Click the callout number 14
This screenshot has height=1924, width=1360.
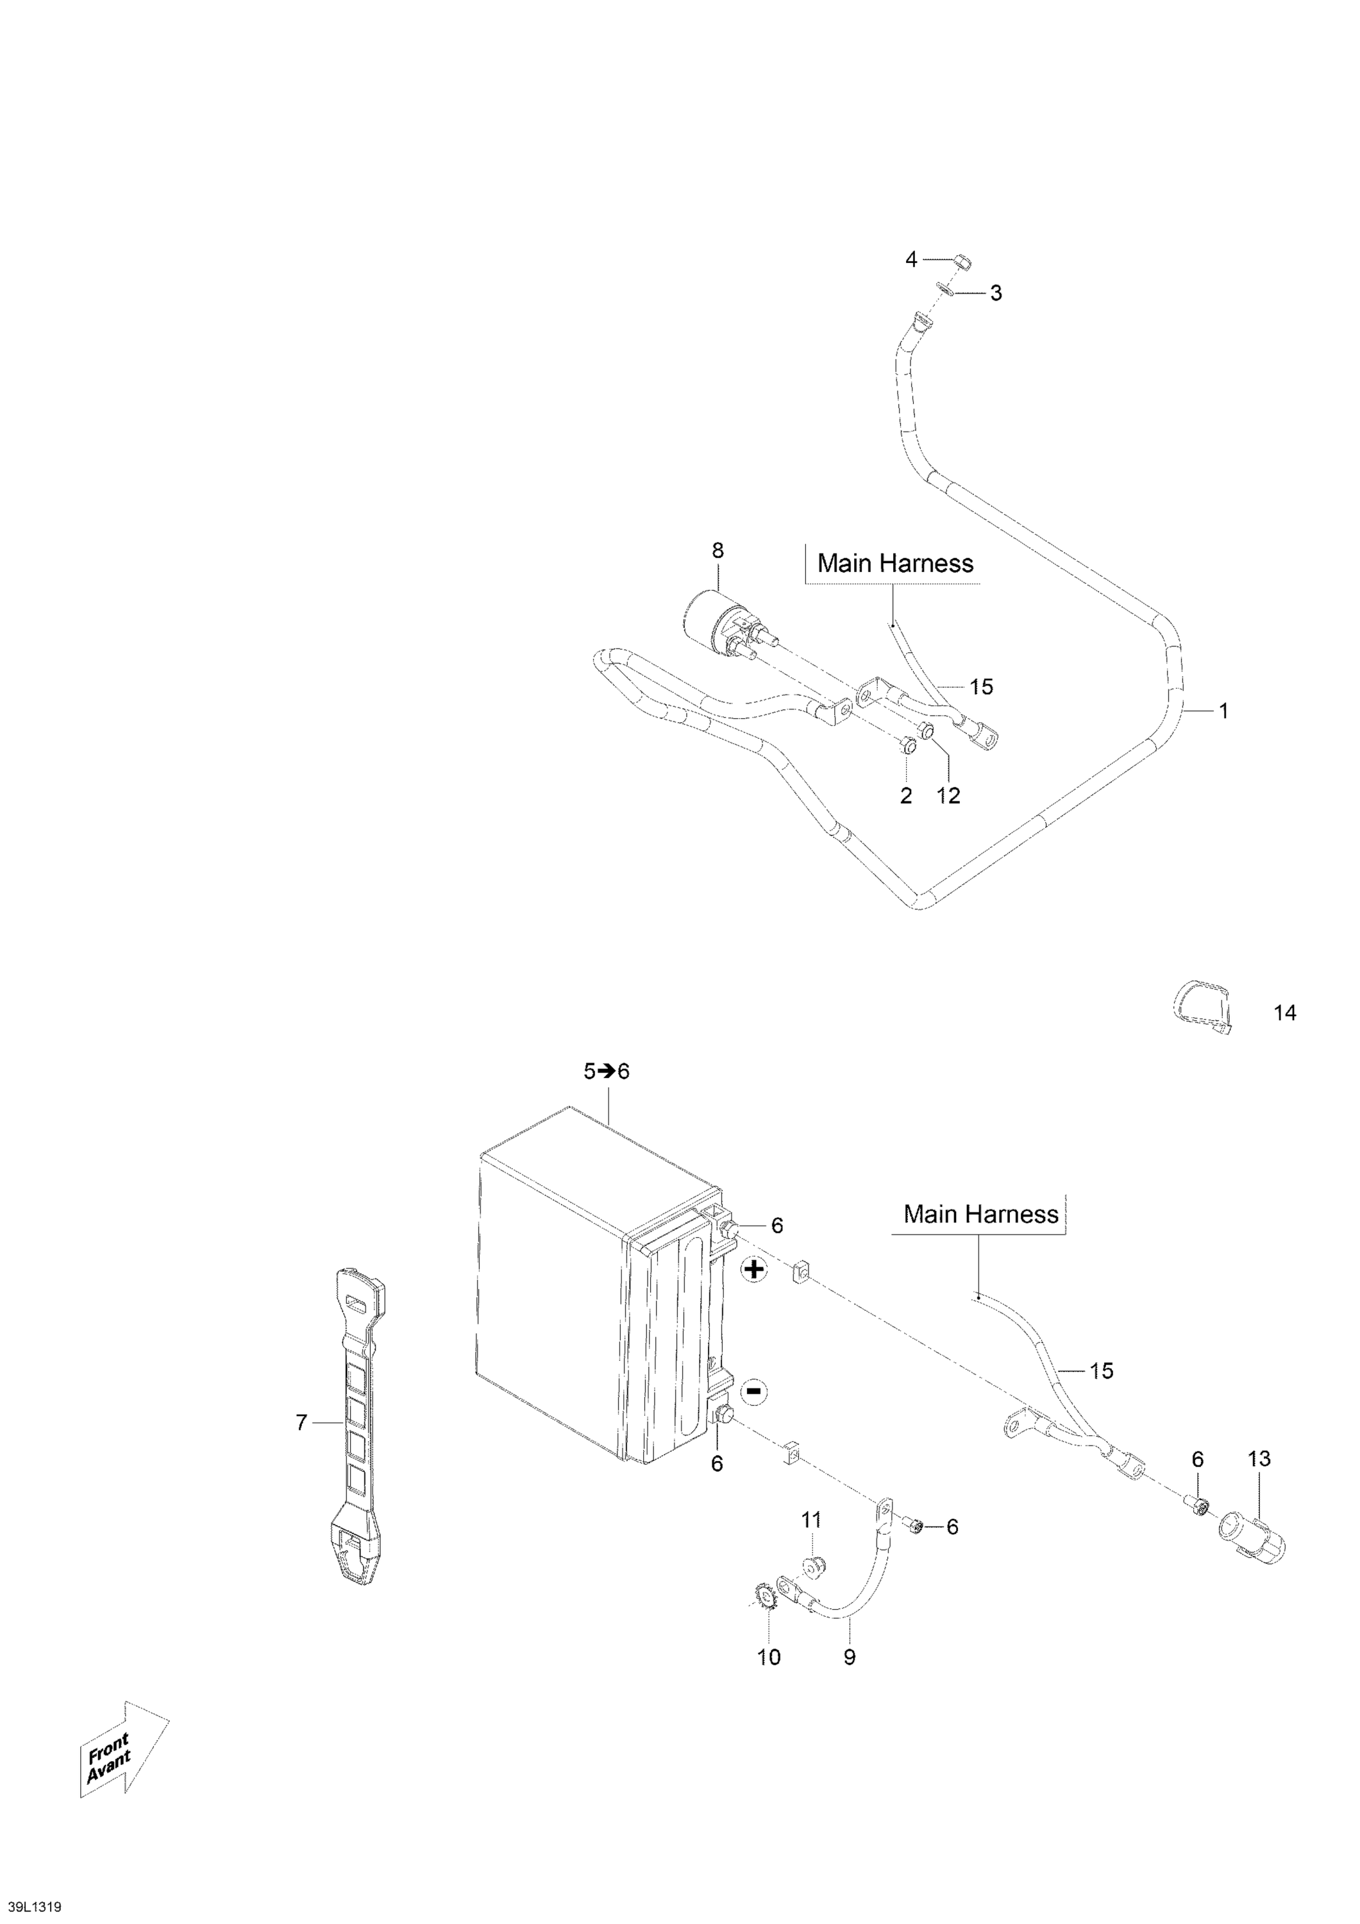tap(1284, 1013)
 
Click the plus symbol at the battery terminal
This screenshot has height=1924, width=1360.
tap(754, 1270)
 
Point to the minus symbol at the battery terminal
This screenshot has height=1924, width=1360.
tap(754, 1392)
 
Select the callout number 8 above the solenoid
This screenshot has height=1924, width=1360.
tap(718, 550)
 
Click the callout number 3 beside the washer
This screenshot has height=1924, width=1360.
tap(996, 293)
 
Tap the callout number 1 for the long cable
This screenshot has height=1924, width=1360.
tap(1223, 711)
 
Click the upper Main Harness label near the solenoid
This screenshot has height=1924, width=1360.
tap(896, 563)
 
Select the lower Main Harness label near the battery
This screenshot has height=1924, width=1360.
tap(981, 1214)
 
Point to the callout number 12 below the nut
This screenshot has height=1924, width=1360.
tap(948, 795)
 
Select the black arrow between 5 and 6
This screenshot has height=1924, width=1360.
tap(607, 1071)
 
